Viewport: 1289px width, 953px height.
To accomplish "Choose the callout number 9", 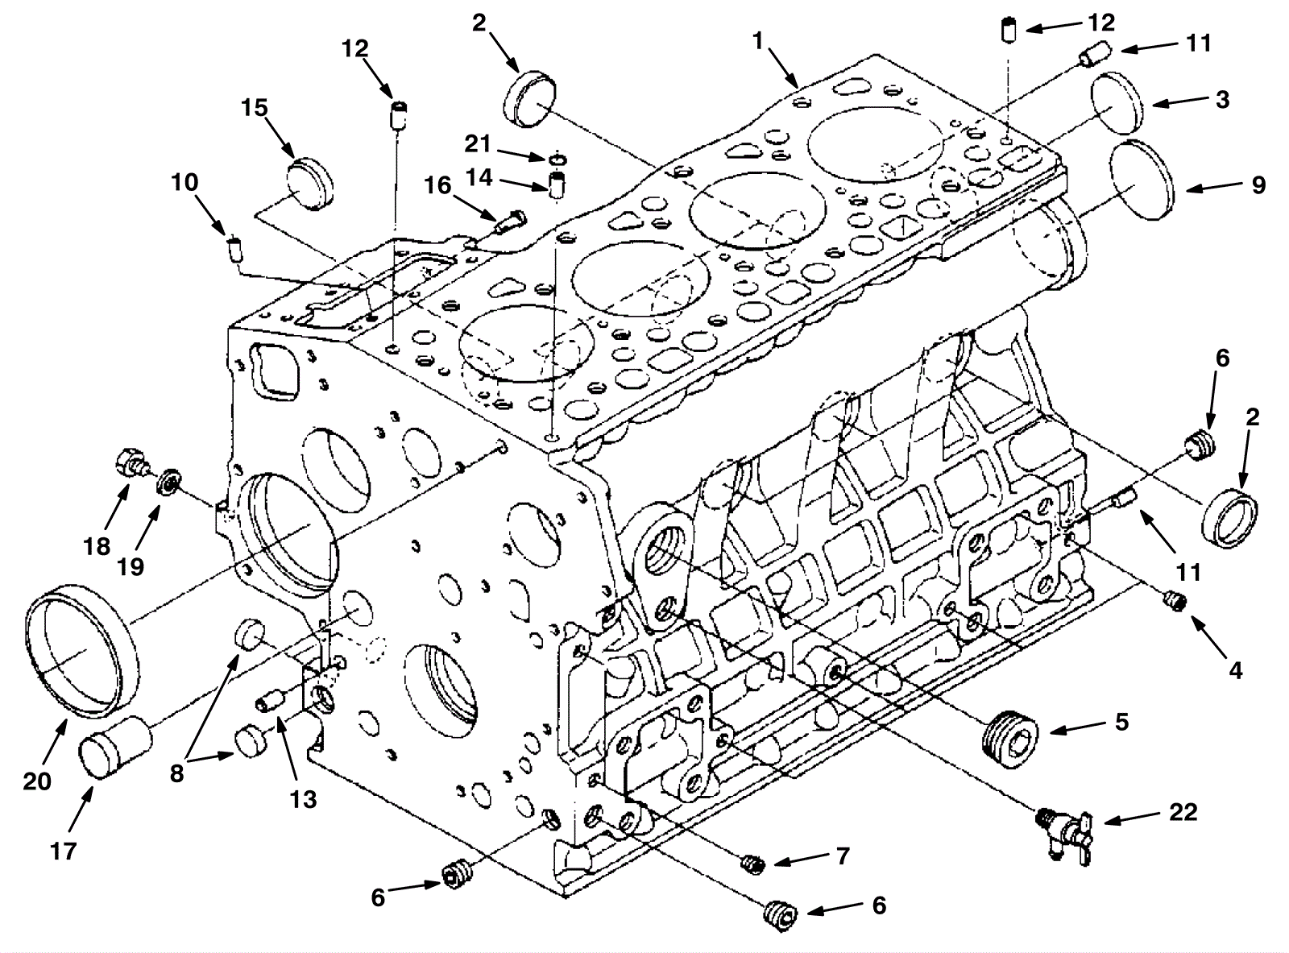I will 1258,185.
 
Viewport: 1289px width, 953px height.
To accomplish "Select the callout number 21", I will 478,144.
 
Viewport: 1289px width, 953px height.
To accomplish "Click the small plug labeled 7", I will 752,864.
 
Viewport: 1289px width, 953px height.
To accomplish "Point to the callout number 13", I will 305,800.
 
